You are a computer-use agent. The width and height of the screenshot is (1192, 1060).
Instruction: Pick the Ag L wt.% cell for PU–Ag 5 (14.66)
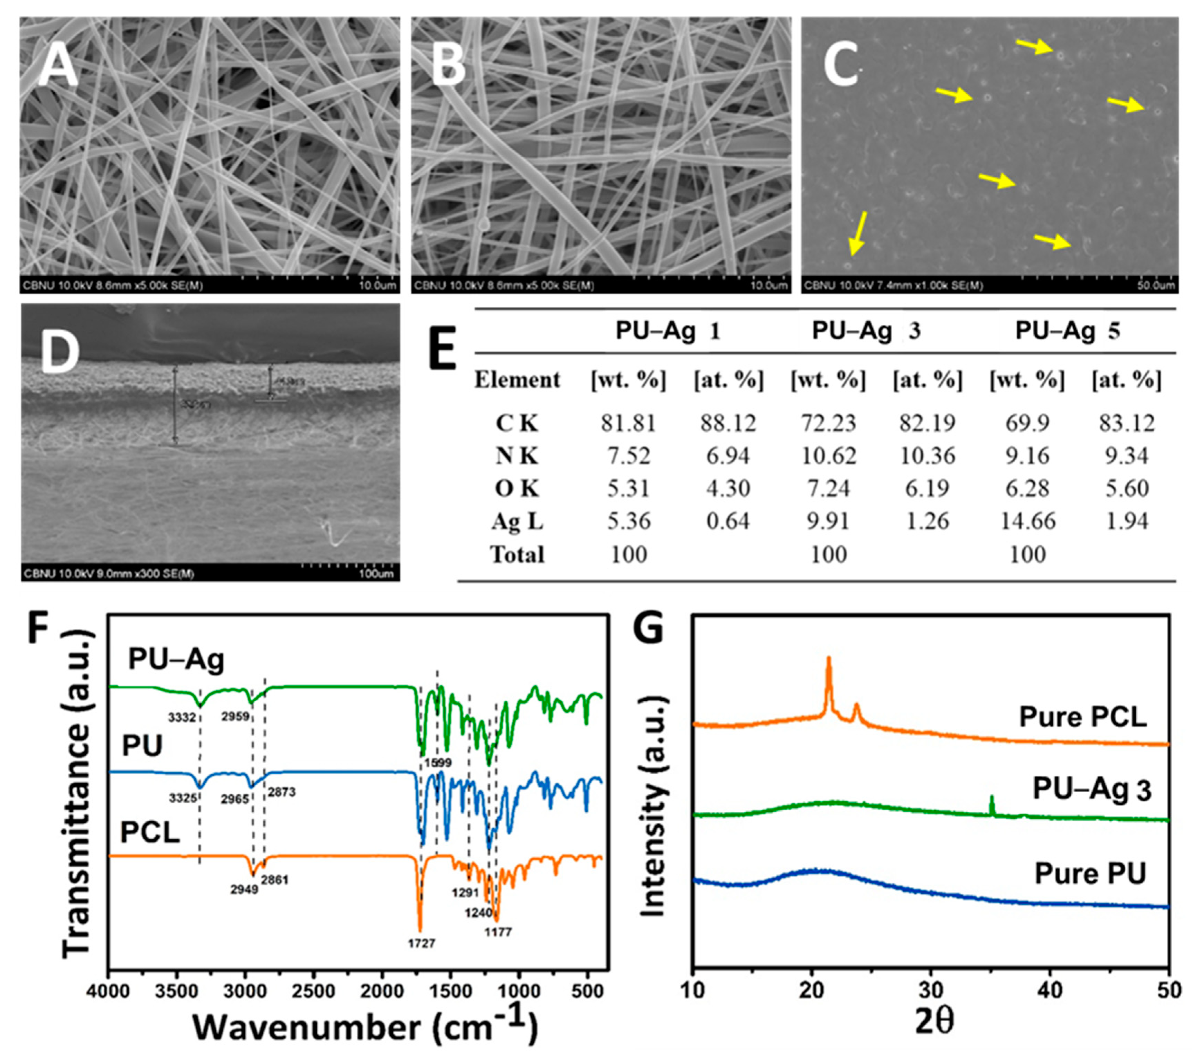[x=1027, y=521]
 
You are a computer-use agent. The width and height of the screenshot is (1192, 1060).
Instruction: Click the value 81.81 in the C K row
[x=628, y=423]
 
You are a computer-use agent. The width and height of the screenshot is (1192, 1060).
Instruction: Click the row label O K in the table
[x=517, y=488]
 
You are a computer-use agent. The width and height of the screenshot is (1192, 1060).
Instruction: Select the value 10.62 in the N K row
[x=828, y=455]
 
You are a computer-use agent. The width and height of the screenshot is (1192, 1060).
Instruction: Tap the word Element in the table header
[x=517, y=380]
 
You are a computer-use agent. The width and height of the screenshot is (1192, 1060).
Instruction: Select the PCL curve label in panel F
[x=150, y=832]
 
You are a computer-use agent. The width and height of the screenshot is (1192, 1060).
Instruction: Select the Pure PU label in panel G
[x=1090, y=873]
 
